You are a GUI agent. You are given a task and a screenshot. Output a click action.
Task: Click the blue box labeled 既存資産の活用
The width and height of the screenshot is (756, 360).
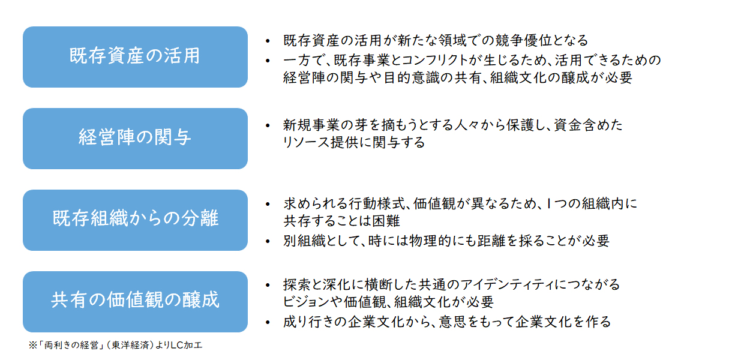point(135,57)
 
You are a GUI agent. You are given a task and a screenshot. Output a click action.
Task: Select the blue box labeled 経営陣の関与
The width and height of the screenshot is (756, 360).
point(135,139)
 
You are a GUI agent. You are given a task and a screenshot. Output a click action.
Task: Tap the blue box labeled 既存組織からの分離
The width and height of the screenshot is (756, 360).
point(135,220)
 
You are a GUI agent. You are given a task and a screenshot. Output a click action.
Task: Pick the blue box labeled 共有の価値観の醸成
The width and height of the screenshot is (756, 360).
point(135,302)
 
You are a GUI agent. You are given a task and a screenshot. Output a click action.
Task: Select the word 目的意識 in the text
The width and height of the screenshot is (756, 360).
point(412,77)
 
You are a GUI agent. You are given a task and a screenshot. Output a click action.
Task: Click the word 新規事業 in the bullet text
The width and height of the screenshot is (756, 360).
point(311,125)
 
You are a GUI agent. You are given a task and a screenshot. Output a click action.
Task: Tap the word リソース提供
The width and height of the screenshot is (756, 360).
point(320,142)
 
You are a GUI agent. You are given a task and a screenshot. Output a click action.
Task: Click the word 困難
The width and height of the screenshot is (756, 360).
point(386,221)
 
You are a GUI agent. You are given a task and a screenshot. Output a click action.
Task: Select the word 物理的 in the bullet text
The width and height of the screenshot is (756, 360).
point(430,241)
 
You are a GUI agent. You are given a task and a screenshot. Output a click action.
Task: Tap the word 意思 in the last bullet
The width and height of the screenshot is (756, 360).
point(453,322)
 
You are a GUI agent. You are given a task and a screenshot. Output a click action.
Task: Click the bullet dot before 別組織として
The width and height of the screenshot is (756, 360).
point(268,241)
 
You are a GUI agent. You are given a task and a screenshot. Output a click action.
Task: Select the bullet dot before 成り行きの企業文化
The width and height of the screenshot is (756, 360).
point(268,322)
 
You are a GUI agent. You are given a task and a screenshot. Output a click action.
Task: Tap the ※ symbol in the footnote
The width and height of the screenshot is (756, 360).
point(33,345)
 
